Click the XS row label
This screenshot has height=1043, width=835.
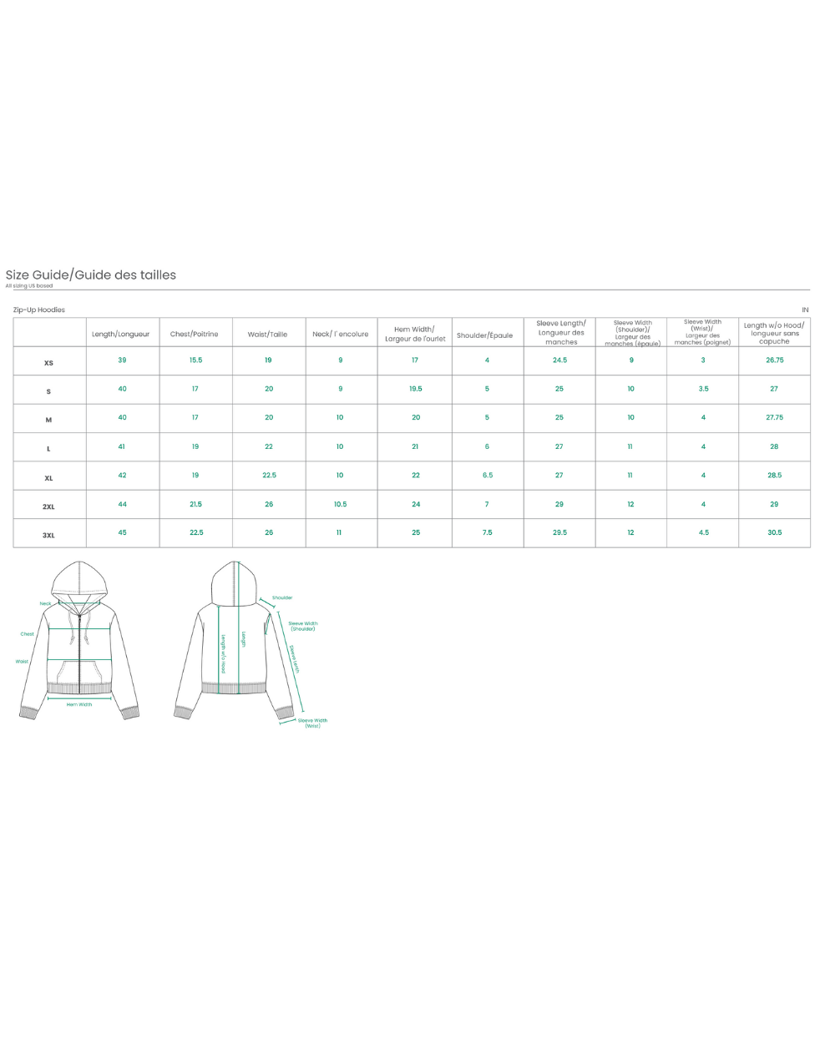pyautogui.click(x=48, y=363)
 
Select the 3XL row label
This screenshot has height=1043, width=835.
pyautogui.click(x=48, y=535)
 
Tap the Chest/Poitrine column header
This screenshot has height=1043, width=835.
pyautogui.click(x=195, y=334)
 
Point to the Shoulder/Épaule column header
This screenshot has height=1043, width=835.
pyautogui.click(x=485, y=335)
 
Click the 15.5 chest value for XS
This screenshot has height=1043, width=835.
pyautogui.click(x=195, y=360)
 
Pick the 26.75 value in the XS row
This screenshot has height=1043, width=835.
pyautogui.click(x=774, y=360)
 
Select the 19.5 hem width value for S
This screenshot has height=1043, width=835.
pyautogui.click(x=415, y=389)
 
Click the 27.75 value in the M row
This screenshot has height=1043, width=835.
pyautogui.click(x=774, y=417)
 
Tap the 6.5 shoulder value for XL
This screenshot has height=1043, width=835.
pyautogui.click(x=487, y=476)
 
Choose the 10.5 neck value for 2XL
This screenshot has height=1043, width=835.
pyautogui.click(x=340, y=504)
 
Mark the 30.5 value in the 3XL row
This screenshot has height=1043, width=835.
pyautogui.click(x=774, y=532)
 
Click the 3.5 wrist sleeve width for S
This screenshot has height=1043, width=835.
pyautogui.click(x=703, y=389)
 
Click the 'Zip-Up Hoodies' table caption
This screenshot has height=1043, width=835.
pyautogui.click(x=39, y=310)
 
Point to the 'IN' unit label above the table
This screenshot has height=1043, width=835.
pyautogui.click(x=805, y=310)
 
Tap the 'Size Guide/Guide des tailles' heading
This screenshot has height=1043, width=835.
pyautogui.click(x=91, y=275)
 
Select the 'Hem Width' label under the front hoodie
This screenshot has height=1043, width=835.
pyautogui.click(x=79, y=704)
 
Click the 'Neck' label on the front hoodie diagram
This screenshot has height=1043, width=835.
pyautogui.click(x=45, y=603)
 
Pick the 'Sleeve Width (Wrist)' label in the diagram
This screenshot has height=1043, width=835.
pyautogui.click(x=312, y=723)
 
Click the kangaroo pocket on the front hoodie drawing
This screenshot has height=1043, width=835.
pyautogui.click(x=79, y=671)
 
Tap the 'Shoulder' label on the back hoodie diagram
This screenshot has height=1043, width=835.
pyautogui.click(x=282, y=597)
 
